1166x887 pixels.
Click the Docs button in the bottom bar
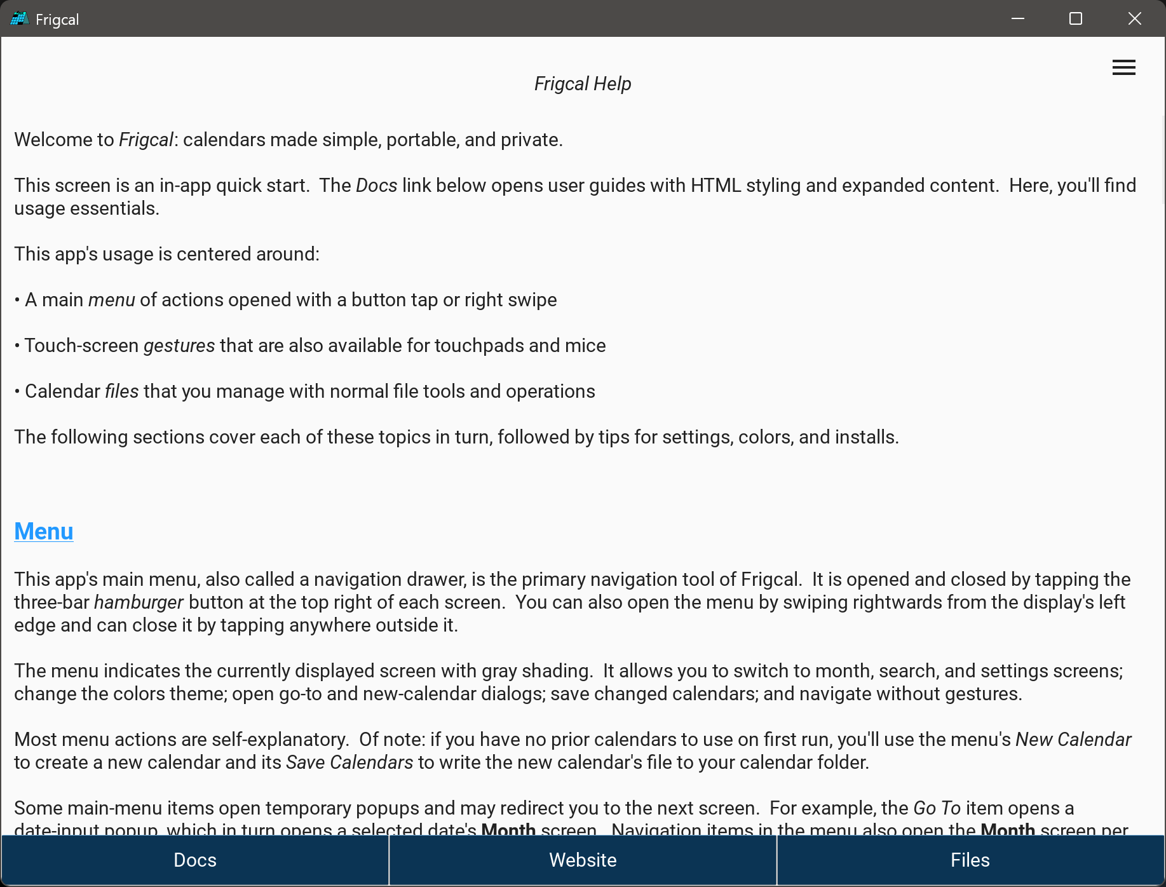pos(195,860)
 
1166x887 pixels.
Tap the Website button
pos(583,860)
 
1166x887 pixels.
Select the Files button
pos(970,860)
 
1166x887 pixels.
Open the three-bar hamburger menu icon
pos(1123,67)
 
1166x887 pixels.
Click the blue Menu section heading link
pos(44,531)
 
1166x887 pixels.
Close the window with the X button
pos(1134,18)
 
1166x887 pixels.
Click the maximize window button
pos(1076,18)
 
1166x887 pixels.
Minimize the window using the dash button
pos(1018,18)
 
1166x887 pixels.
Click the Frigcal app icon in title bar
pos(19,19)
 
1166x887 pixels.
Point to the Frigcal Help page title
pos(583,84)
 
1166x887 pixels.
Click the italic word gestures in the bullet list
pos(179,346)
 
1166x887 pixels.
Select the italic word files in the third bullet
pos(121,391)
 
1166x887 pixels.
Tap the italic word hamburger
pos(139,602)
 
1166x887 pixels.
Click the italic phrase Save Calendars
pos(349,762)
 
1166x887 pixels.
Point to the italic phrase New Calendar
pos(1073,740)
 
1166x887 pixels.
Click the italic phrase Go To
pos(937,808)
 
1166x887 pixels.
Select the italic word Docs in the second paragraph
pos(376,186)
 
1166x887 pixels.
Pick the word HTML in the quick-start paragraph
pos(715,186)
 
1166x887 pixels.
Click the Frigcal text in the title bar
pos(57,20)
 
